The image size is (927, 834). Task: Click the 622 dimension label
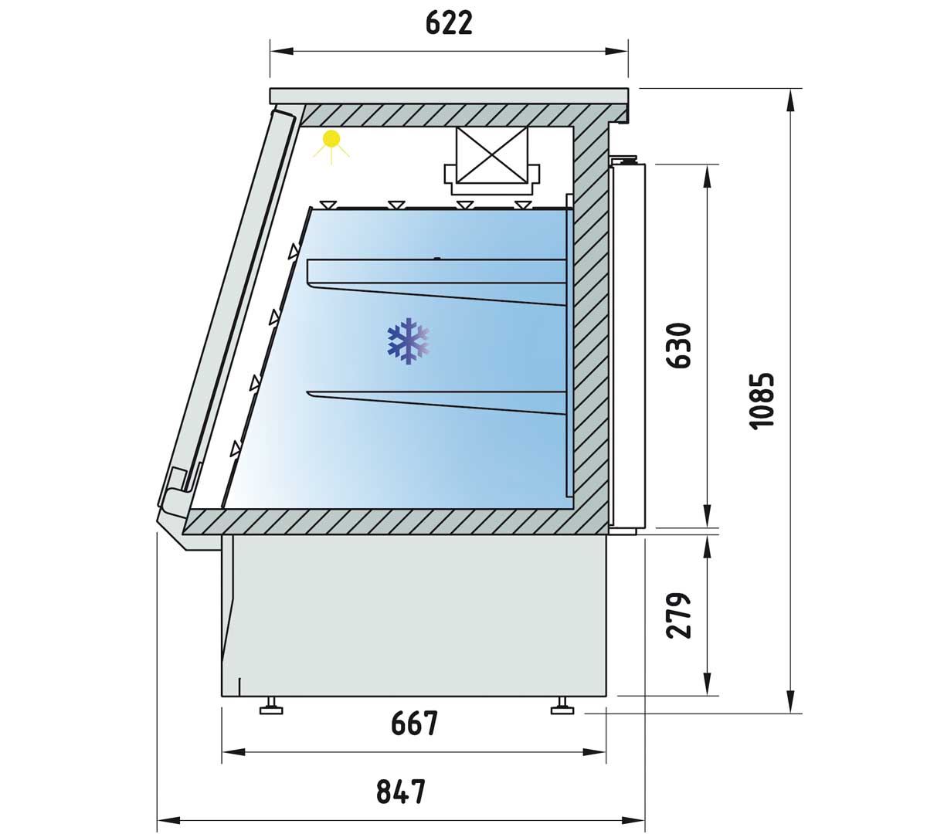(x=449, y=23)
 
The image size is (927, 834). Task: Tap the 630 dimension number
(x=679, y=346)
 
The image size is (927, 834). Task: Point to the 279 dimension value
(x=679, y=615)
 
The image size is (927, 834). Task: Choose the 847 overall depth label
(x=401, y=792)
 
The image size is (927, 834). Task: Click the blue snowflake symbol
(x=408, y=341)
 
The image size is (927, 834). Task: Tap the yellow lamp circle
(x=331, y=139)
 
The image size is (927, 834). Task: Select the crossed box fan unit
(x=492, y=160)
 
